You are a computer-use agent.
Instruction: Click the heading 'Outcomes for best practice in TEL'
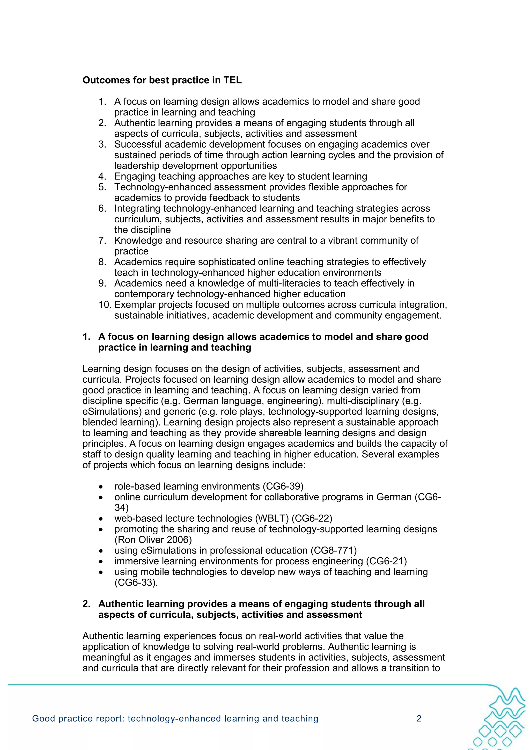click(x=162, y=80)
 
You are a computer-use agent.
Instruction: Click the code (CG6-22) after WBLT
click(x=312, y=518)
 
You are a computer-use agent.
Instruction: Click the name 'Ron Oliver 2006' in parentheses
click(x=153, y=540)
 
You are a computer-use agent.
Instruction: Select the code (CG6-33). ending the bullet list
click(x=136, y=582)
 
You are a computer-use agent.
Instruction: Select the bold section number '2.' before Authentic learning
click(x=86, y=604)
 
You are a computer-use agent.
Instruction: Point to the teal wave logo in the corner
click(x=503, y=719)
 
